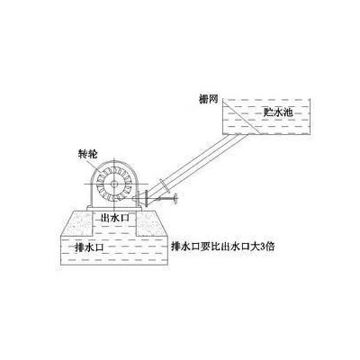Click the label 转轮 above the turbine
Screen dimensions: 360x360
pos(87,155)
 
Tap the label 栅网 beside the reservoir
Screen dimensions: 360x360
pos(208,99)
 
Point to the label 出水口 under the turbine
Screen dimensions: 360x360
pos(115,218)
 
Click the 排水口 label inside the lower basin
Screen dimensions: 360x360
pos(89,247)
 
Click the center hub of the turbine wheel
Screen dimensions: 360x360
pos(114,184)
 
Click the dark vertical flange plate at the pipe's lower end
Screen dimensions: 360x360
pos(146,198)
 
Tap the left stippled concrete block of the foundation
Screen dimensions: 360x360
pos(77,223)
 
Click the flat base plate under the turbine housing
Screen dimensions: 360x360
pos(114,208)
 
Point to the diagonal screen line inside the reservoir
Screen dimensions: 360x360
pos(241,117)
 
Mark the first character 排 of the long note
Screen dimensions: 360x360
pos(175,247)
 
